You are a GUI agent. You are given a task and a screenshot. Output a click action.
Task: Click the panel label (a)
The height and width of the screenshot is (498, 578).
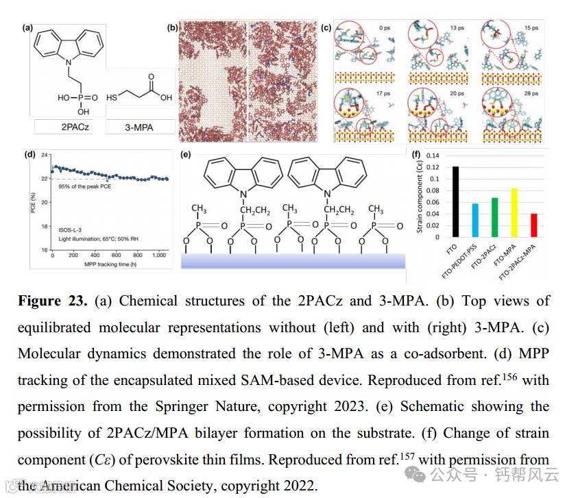[29, 28]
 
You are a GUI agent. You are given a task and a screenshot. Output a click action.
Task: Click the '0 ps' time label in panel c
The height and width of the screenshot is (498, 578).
[385, 28]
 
